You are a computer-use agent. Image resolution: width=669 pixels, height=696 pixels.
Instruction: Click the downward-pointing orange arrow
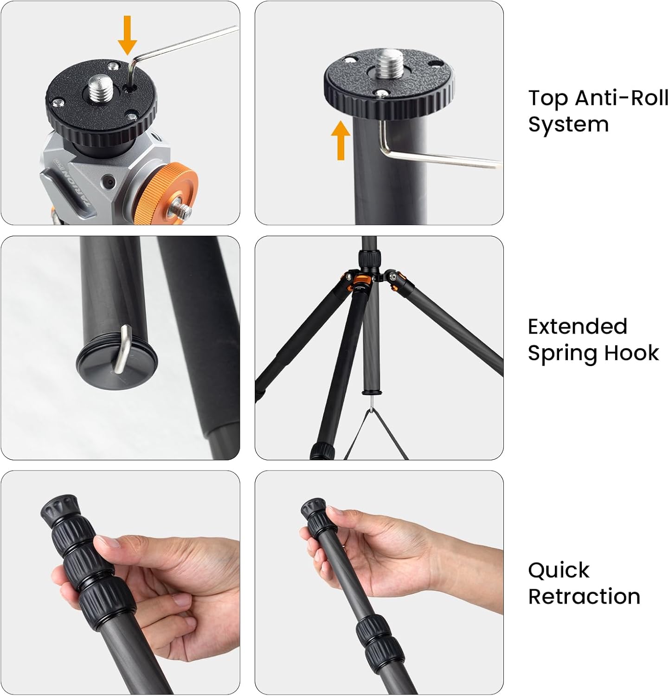(x=127, y=35)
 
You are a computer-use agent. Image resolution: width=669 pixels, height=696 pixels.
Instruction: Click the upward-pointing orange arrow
(x=341, y=140)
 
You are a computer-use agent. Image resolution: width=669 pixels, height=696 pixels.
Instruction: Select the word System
(x=568, y=125)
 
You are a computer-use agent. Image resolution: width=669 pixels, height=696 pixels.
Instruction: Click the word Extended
(x=578, y=326)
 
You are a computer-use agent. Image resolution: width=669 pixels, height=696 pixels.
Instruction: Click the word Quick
(x=559, y=570)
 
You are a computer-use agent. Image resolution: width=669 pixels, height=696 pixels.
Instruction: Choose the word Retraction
(x=584, y=596)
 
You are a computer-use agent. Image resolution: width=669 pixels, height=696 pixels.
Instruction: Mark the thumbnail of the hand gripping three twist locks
(x=121, y=583)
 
